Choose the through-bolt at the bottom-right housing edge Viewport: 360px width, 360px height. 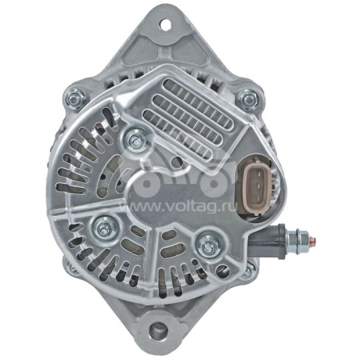[x=247, y=270]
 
